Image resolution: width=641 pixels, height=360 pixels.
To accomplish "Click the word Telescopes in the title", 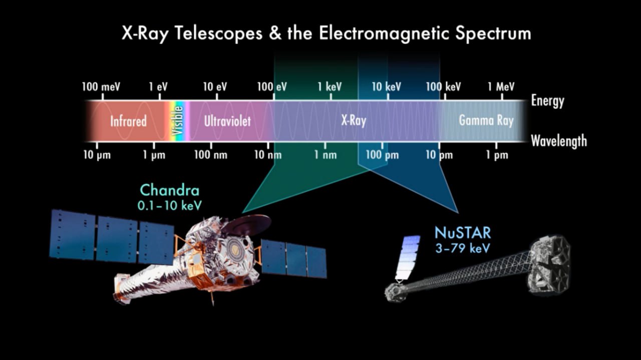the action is point(218,34).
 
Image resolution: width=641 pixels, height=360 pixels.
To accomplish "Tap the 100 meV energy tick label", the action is point(101,87).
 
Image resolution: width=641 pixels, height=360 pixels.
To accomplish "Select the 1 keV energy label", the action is point(330,87).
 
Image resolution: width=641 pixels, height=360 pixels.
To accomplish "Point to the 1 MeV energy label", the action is point(501,87).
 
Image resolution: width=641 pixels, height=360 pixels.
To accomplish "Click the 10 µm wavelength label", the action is point(97,155).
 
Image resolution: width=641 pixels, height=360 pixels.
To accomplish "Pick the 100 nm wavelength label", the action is point(211,155).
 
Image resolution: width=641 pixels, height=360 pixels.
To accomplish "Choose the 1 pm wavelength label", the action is point(497,155).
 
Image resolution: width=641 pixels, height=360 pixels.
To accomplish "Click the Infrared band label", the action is point(129,121).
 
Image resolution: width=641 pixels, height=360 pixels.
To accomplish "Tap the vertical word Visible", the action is point(177,121).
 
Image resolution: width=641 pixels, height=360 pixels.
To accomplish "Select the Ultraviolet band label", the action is point(227,121).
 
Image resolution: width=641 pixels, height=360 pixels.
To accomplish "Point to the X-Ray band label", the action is point(354,121).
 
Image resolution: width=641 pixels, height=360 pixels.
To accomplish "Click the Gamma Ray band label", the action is point(486,121).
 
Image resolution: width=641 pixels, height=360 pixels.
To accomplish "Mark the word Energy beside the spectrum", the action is point(548,101).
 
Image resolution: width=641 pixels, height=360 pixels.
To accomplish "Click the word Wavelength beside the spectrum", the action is point(559,141).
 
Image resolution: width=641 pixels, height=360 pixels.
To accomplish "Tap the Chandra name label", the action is point(170,190).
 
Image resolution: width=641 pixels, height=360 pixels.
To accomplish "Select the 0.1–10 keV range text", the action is point(170,205).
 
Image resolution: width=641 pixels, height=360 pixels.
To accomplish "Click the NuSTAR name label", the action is point(463,233).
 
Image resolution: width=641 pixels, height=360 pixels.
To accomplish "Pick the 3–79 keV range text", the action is point(463,248).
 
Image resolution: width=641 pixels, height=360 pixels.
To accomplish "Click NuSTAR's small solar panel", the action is point(408,257).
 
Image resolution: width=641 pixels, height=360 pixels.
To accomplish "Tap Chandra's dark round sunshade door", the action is point(246,225).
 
